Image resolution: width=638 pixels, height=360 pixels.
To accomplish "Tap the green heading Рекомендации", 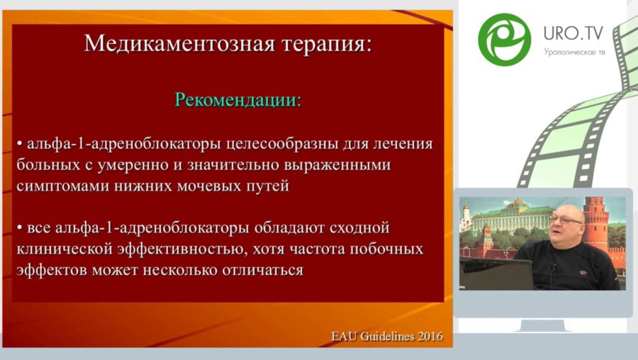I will pyautogui.click(x=238, y=99).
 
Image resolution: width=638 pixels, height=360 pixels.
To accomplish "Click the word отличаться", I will pyautogui.click(x=254, y=270).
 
